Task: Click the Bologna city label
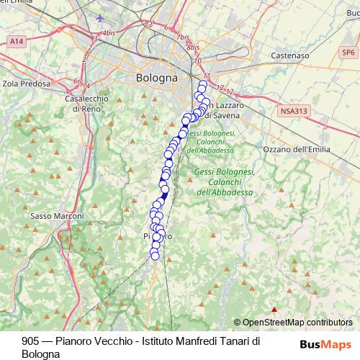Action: click(x=156, y=77)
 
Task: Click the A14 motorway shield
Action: click(x=17, y=44)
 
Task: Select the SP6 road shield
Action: click(x=348, y=53)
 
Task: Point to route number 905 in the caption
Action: click(x=30, y=341)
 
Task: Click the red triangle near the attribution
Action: click(x=274, y=310)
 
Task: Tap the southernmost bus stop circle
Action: click(x=154, y=255)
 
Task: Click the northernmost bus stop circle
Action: click(x=202, y=84)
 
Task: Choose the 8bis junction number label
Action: click(x=192, y=47)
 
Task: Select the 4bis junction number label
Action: click(x=109, y=33)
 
